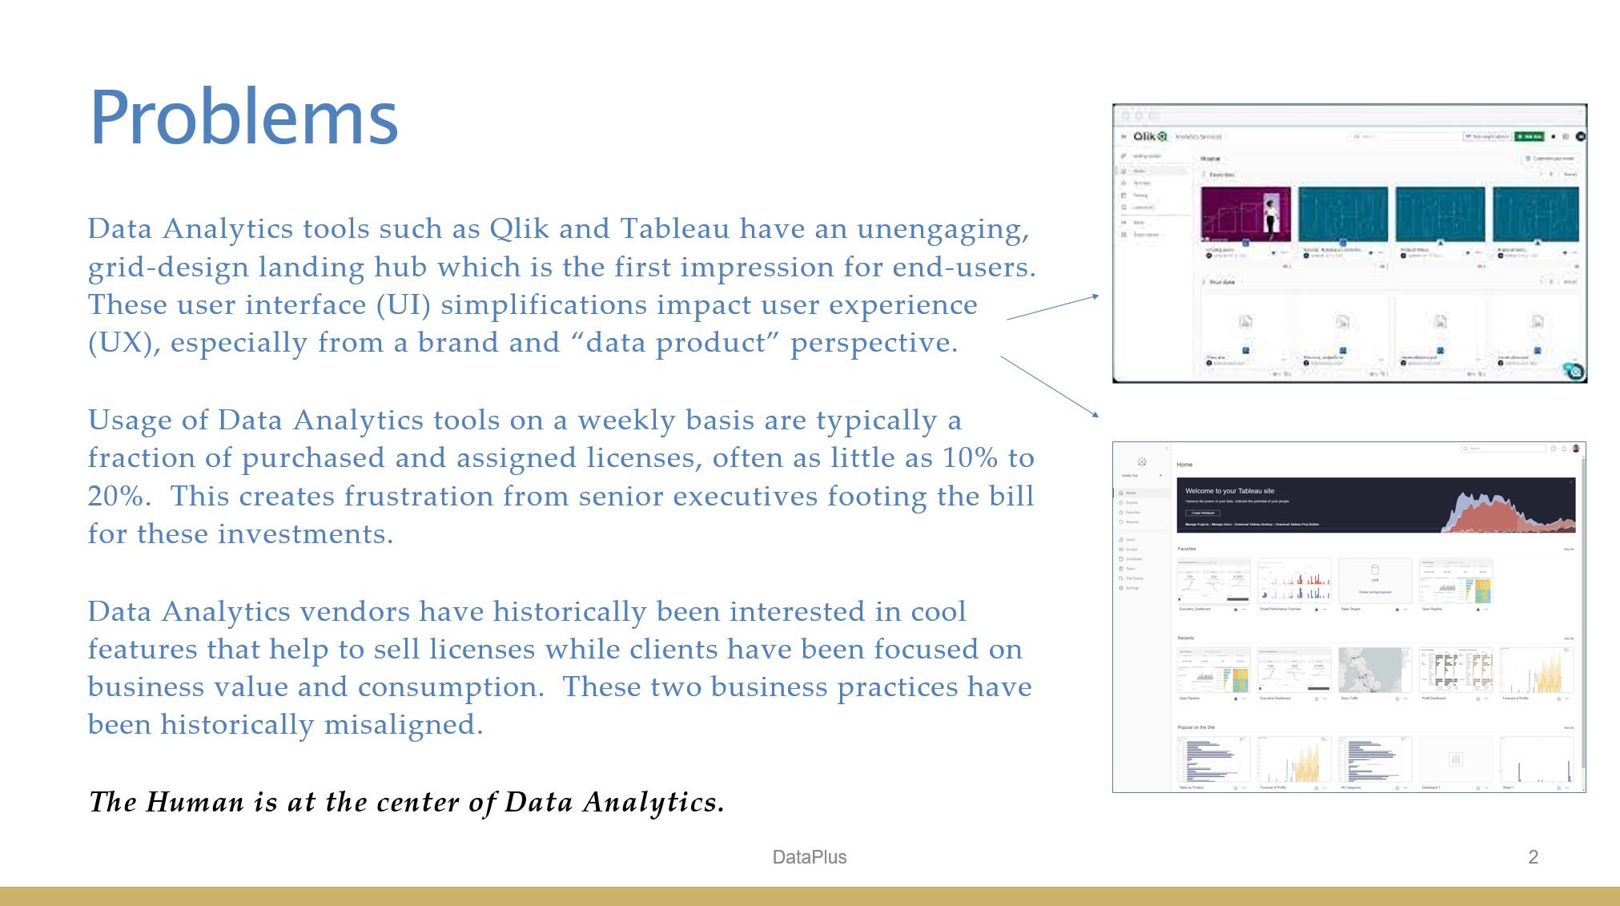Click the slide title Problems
click(x=243, y=119)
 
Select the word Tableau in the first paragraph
click(x=674, y=229)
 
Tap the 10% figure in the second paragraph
click(x=969, y=458)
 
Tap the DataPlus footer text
click(x=809, y=857)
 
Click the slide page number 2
click(x=1533, y=857)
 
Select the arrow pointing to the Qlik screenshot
click(x=1052, y=308)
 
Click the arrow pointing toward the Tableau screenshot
click(x=1049, y=387)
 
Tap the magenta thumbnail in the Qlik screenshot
click(x=1245, y=214)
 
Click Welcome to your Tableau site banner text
click(x=1229, y=491)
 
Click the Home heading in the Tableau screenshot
click(x=1184, y=465)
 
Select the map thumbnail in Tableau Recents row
click(x=1374, y=670)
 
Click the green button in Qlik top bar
click(x=1529, y=136)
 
